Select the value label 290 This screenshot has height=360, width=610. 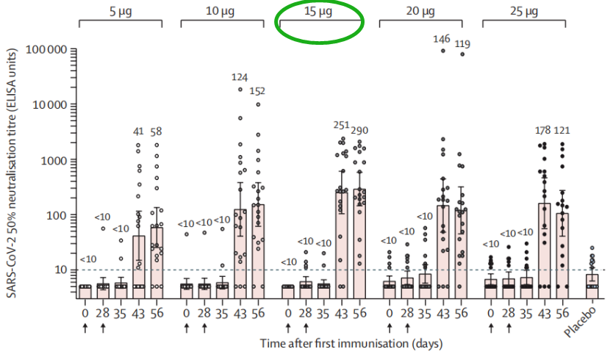pyautogui.click(x=360, y=130)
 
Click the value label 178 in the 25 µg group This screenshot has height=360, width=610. pyautogui.click(x=542, y=130)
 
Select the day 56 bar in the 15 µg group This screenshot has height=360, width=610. pyautogui.click(x=360, y=239)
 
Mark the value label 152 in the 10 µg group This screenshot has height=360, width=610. pyautogui.click(x=258, y=91)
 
